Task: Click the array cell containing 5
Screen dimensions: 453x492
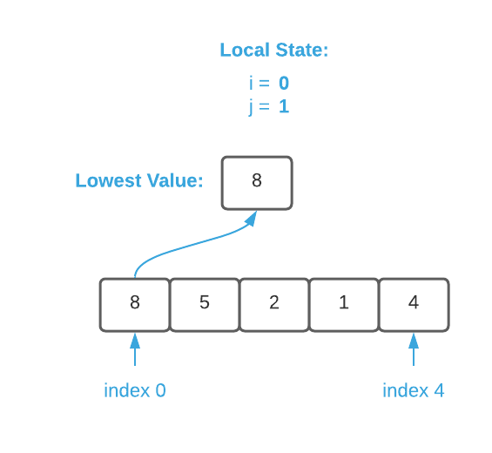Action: pos(205,304)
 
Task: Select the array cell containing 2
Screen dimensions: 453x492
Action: pos(274,304)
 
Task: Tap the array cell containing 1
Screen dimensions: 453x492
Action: pos(344,304)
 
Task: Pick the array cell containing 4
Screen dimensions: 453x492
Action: pos(414,304)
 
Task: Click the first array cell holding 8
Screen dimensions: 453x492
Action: pos(135,304)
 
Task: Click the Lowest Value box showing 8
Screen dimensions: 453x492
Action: pos(257,182)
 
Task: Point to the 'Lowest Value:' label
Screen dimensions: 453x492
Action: pos(138,181)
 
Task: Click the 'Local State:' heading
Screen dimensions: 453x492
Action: pos(273,51)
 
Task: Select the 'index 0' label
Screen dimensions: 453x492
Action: pos(135,390)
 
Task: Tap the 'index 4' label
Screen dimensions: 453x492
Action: pos(414,390)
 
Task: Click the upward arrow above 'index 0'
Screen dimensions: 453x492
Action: pos(135,350)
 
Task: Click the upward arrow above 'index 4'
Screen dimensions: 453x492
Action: pos(414,350)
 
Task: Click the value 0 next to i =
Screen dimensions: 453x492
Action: pos(284,84)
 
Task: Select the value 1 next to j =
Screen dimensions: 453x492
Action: pos(284,107)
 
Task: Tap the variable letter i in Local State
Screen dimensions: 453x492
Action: pos(252,84)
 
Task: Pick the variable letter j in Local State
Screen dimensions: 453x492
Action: pos(252,107)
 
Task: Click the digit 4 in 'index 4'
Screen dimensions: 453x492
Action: pos(439,390)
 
